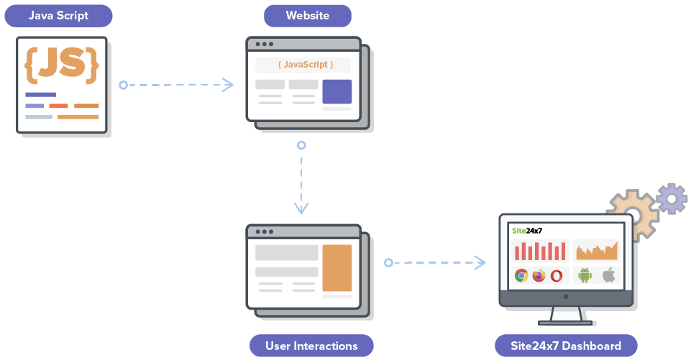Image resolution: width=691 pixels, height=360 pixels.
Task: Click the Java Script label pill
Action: point(58,15)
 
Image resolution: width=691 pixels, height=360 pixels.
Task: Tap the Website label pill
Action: point(308,15)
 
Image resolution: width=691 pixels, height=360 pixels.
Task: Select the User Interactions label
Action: point(311,346)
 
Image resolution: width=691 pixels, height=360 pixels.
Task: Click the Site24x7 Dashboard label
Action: point(567,346)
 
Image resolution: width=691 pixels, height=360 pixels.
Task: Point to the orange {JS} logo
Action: point(61,65)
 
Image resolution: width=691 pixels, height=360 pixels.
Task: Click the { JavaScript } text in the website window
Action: point(306,65)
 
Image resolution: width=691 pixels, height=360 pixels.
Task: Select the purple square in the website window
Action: point(337,92)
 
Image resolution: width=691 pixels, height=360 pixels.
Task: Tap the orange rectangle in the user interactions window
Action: point(337,268)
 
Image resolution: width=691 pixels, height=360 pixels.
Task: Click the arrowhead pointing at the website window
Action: point(228,85)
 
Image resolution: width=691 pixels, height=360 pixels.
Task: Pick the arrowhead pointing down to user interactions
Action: point(301,208)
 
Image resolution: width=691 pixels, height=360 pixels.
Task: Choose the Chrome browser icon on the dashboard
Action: point(521,275)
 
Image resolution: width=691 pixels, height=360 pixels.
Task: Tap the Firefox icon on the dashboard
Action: point(539,275)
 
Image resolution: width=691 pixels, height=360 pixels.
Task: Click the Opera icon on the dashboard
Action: point(557,275)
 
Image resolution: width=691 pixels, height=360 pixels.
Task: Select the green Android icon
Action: point(585,274)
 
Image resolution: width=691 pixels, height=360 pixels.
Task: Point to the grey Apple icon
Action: point(608,274)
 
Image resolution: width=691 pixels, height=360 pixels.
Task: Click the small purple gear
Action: point(672,198)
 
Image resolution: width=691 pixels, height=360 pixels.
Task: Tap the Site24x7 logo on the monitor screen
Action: point(527,231)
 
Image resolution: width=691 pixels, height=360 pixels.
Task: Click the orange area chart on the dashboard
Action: point(596,251)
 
